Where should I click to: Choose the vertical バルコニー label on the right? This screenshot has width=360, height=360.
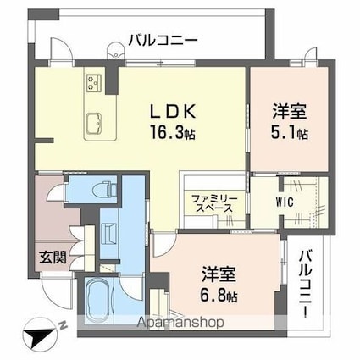pyautogui.click(x=307, y=283)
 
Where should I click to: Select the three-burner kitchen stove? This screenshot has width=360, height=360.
pyautogui.click(x=92, y=82)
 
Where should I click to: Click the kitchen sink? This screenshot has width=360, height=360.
pyautogui.click(x=92, y=120)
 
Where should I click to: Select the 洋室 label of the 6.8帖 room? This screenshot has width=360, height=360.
pyautogui.click(x=219, y=275)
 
